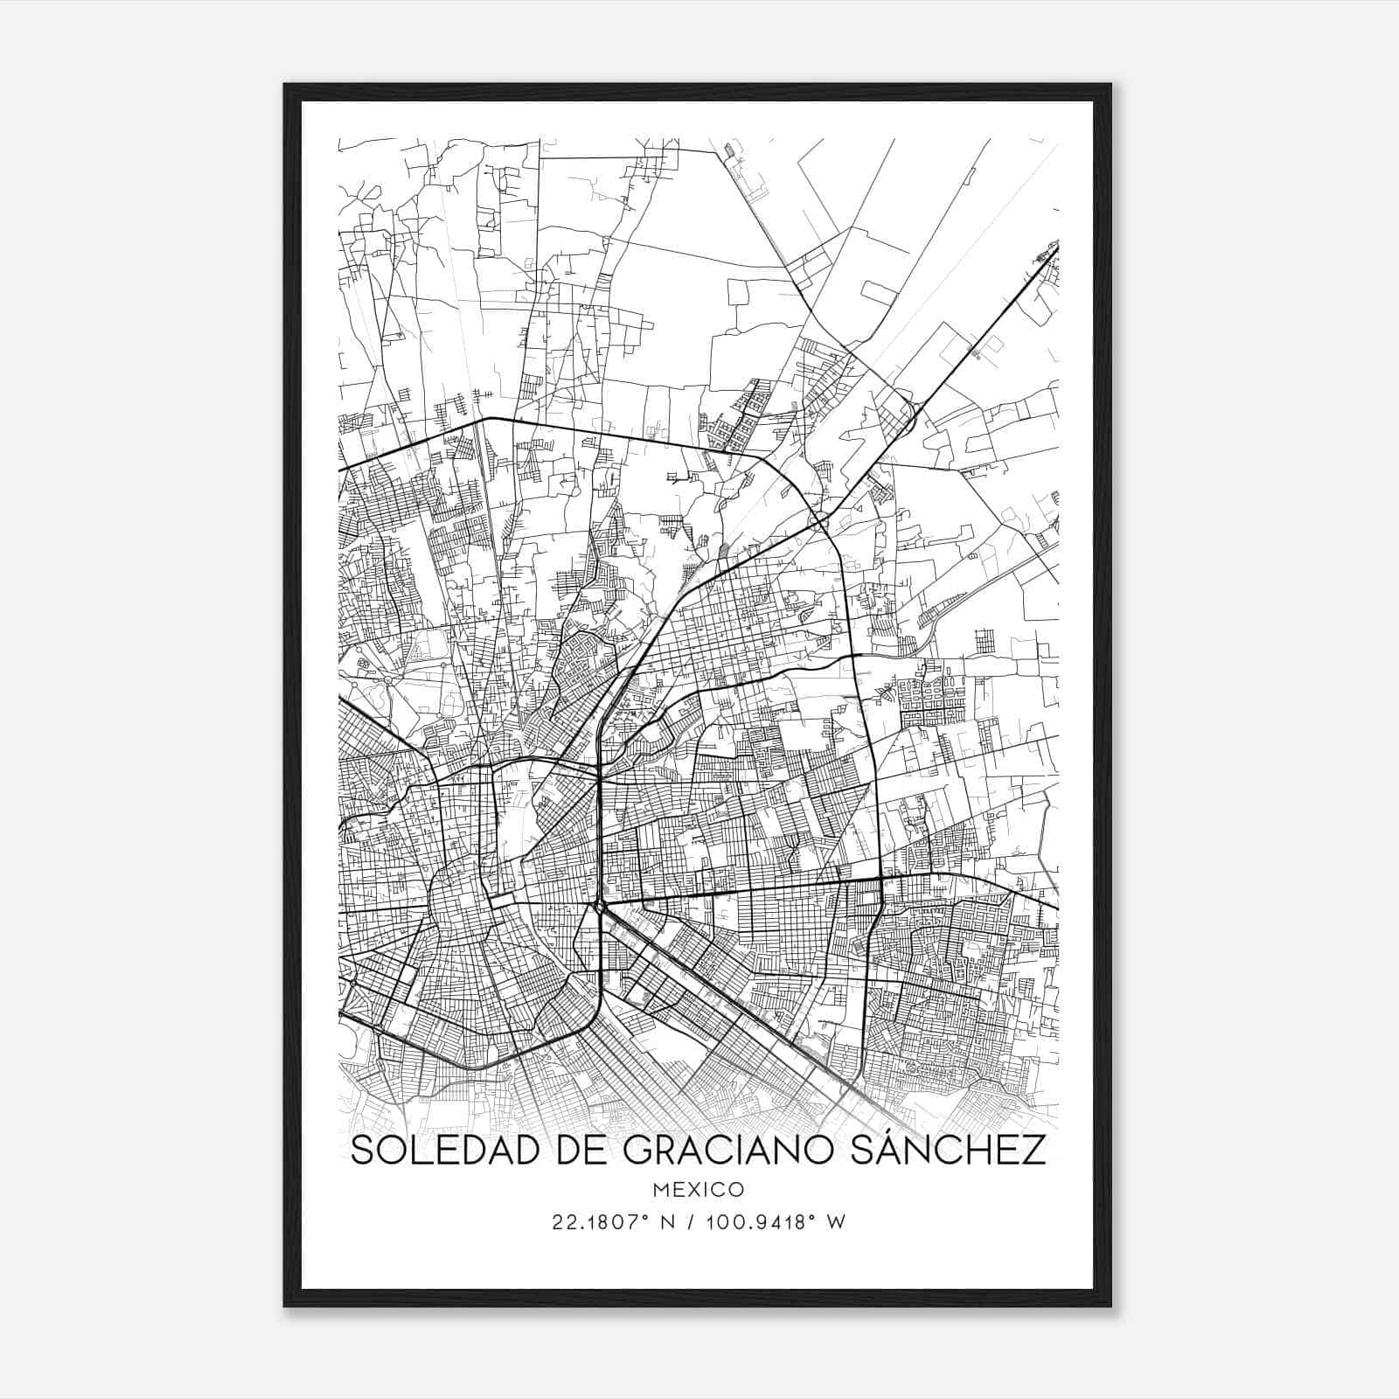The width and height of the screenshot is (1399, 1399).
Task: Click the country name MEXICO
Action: tap(699, 1189)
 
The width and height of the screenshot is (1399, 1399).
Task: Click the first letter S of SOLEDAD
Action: tap(362, 1150)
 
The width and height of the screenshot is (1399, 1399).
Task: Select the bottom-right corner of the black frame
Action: tap(1110, 1305)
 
